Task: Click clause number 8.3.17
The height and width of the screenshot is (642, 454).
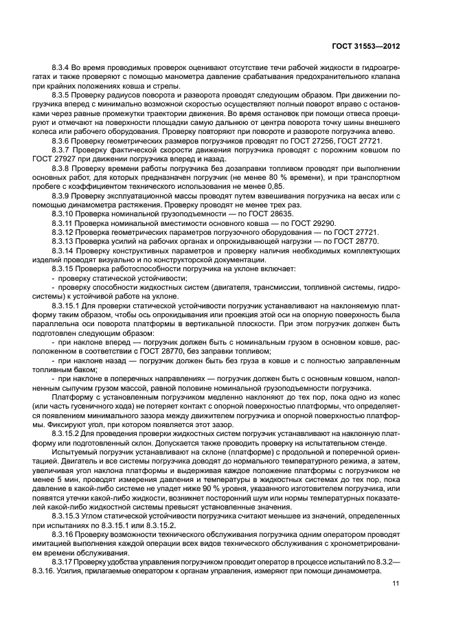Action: pyautogui.click(x=65, y=558)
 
